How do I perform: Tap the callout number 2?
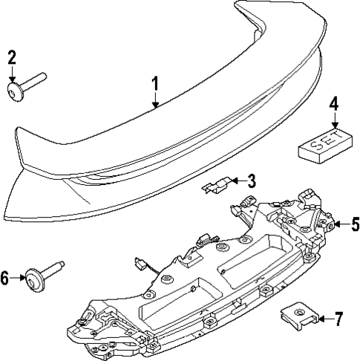click(12, 58)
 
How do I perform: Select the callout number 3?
click(252, 180)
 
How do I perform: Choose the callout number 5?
click(355, 223)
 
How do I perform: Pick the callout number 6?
click(5, 279)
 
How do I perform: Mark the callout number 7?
click(338, 320)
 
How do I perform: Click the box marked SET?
click(324, 142)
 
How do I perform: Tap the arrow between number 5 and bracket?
click(338, 223)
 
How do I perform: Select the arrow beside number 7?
click(322, 320)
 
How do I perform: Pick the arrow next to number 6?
click(19, 279)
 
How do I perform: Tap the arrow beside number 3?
click(235, 180)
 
